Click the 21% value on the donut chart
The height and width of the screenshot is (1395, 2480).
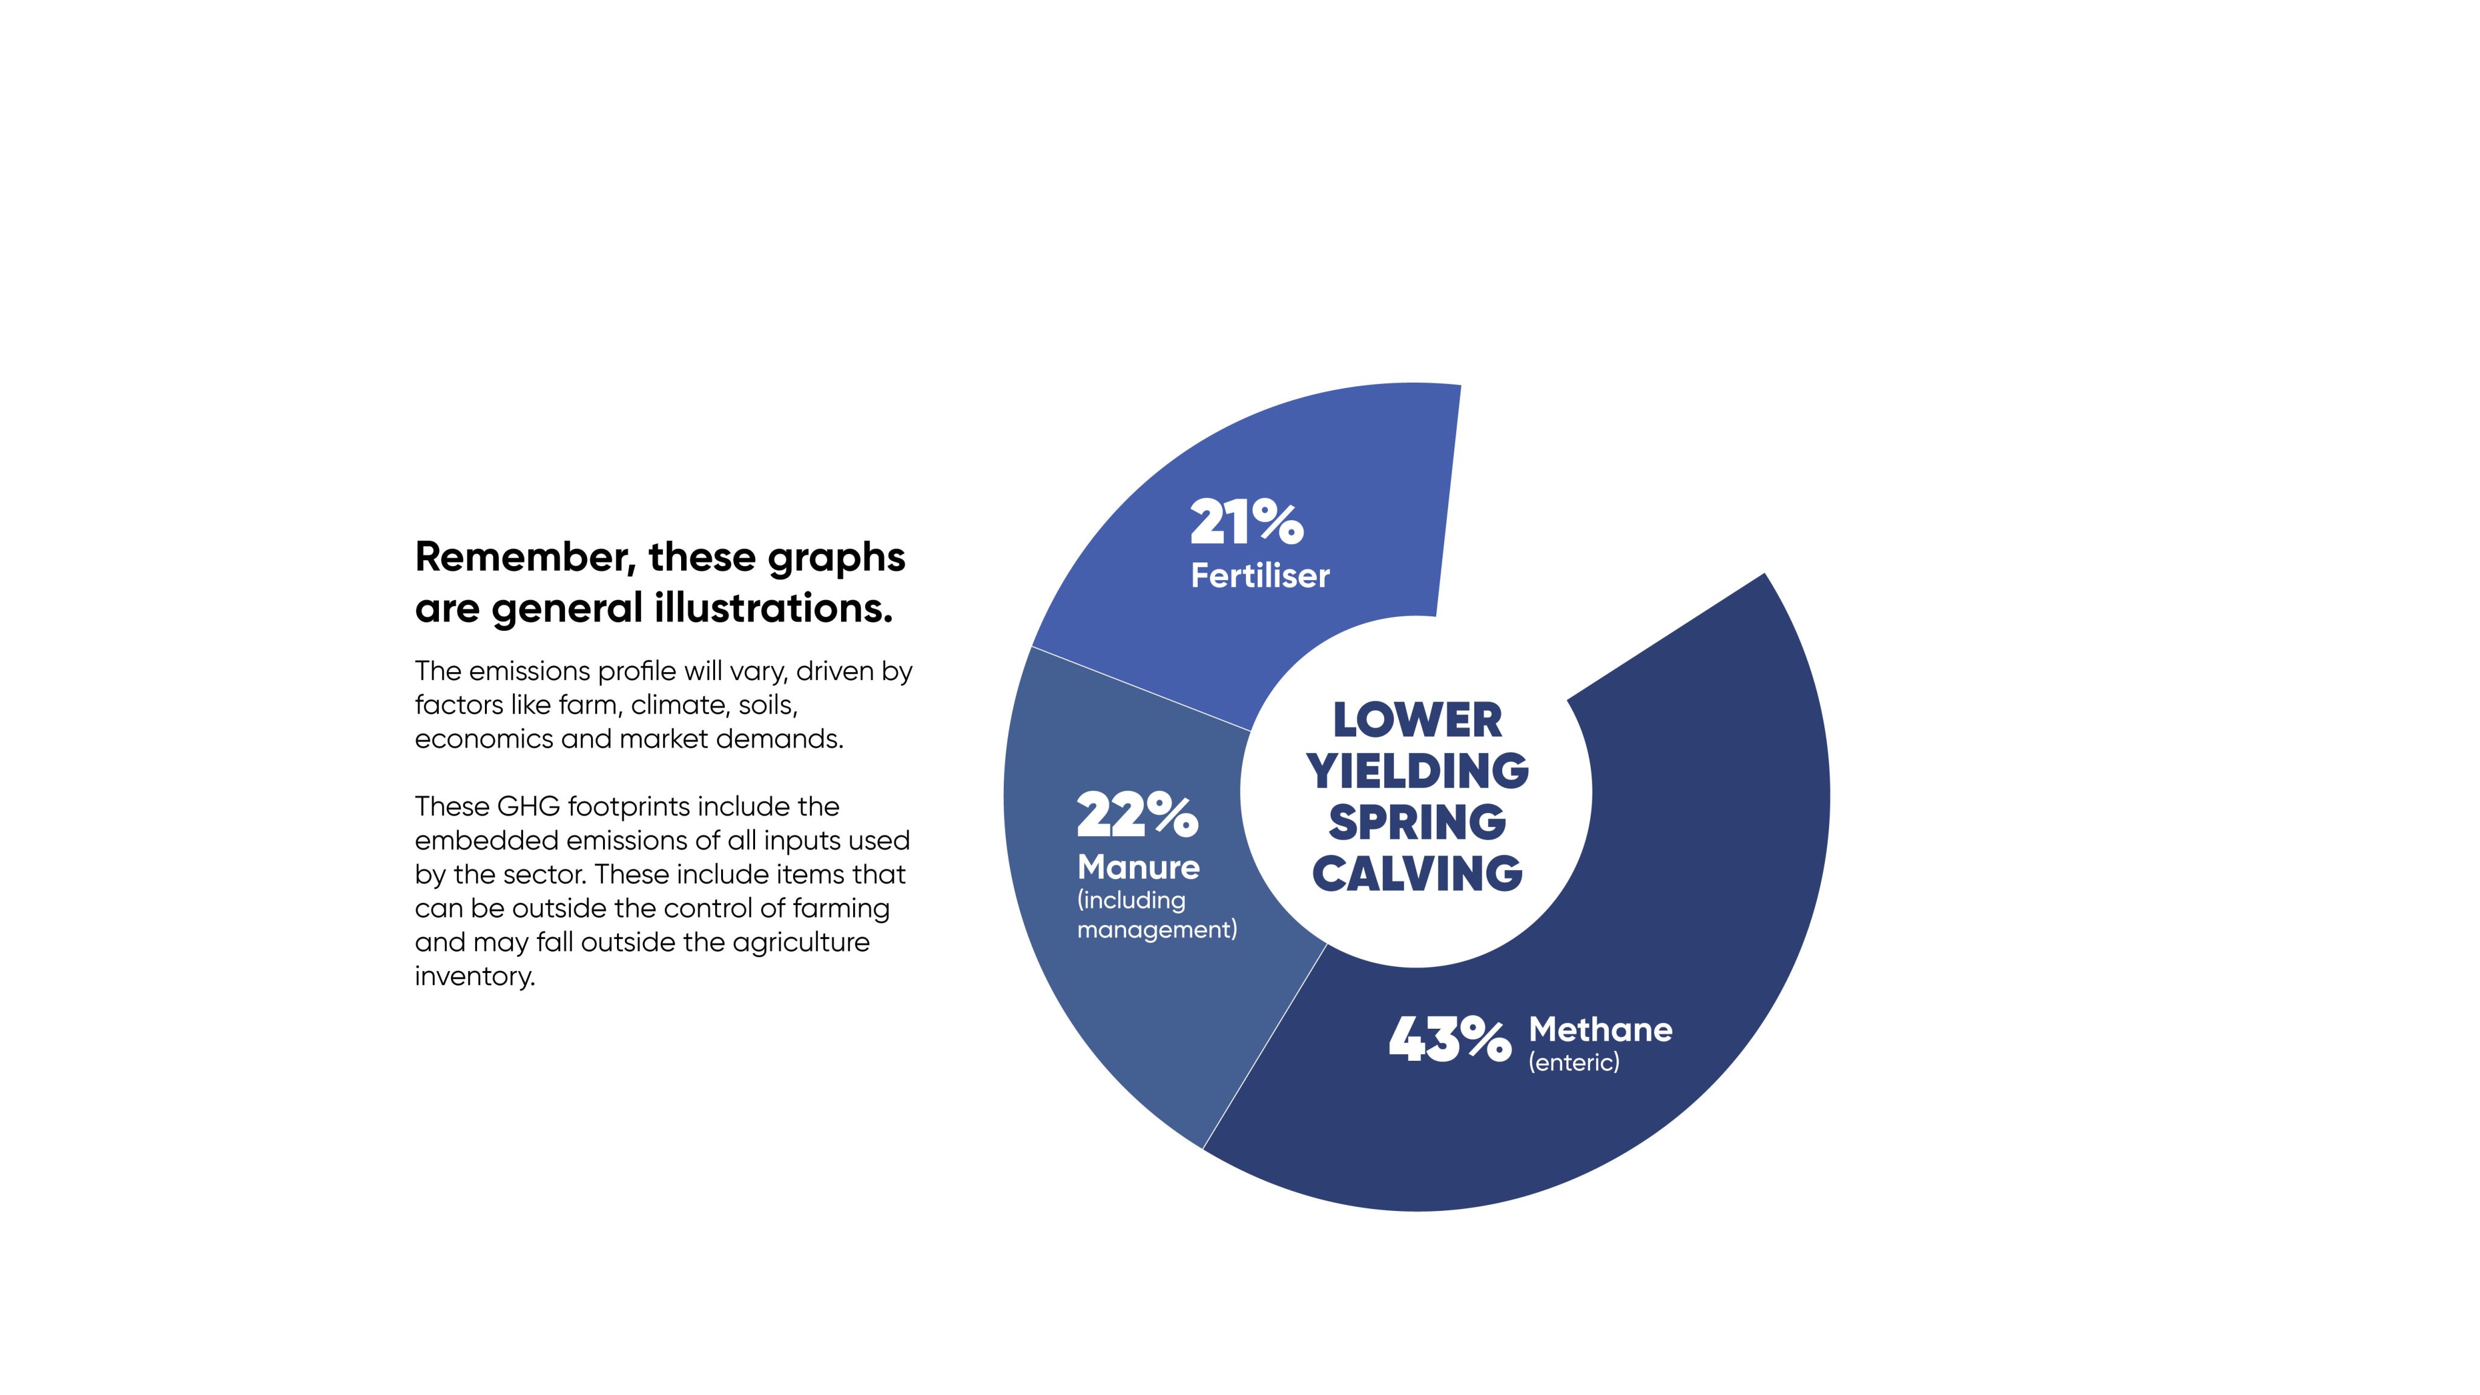(1246, 523)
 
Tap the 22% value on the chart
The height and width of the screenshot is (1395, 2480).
(1137, 816)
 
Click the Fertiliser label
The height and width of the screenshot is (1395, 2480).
(1259, 576)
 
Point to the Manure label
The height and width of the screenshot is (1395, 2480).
(1138, 868)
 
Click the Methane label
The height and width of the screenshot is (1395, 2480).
(1600, 1029)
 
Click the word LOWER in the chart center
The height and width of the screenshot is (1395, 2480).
(1416, 720)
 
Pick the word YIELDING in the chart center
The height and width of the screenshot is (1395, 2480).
(1416, 771)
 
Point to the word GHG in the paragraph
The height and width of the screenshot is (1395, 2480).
(529, 806)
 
